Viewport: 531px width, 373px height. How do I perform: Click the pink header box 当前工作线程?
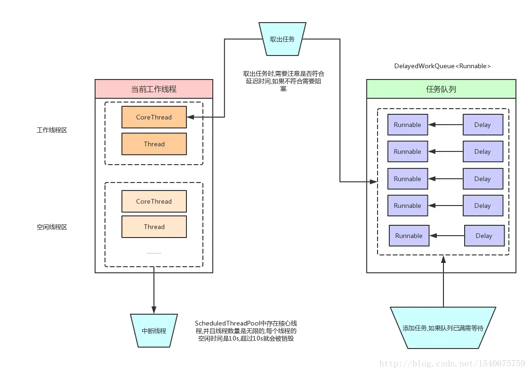point(154,89)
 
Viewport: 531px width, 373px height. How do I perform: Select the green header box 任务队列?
point(441,89)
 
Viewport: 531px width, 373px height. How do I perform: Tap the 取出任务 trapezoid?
point(282,39)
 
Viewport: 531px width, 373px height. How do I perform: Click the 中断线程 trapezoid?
point(154,331)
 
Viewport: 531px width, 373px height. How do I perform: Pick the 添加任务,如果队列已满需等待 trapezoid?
point(442,328)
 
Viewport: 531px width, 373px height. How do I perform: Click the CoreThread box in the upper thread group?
point(154,117)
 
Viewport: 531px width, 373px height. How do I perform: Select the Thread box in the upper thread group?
point(154,144)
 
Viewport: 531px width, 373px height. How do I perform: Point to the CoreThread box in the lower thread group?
point(154,201)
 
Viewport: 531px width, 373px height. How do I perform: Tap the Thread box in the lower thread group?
point(154,227)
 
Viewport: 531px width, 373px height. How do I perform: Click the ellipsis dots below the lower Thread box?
point(154,253)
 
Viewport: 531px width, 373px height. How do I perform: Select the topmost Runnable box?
point(407,125)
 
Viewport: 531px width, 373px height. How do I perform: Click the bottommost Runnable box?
point(409,236)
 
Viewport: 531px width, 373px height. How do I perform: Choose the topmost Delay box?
point(483,125)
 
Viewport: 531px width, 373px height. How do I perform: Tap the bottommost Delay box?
point(484,236)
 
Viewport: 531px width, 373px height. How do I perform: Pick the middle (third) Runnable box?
point(407,179)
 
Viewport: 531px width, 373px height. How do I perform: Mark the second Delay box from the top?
point(483,151)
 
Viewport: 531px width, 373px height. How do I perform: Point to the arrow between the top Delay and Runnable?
point(445,125)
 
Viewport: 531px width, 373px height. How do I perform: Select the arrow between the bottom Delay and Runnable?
point(447,236)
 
